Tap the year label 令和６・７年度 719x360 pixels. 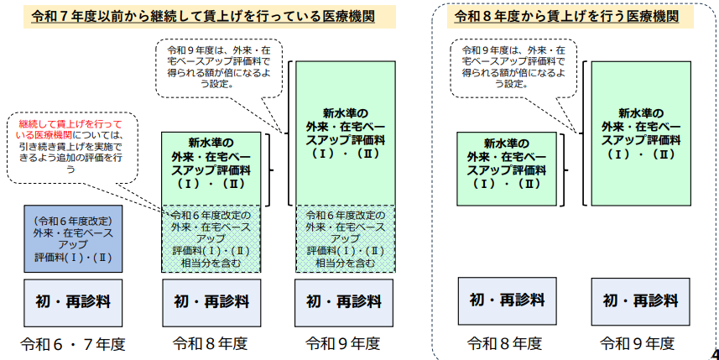click(73, 343)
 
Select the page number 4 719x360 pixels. click(713, 352)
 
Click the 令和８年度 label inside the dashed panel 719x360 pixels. click(504, 343)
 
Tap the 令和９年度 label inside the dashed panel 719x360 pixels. click(637, 343)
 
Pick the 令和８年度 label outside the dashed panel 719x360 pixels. click(210, 343)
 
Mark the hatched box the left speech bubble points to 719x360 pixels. click(210, 238)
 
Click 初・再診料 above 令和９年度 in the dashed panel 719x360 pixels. click(638, 300)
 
